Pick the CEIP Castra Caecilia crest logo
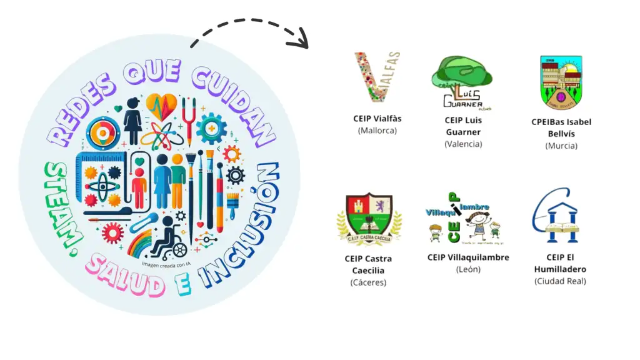(369, 219)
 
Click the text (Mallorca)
(377, 131)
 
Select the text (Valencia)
(463, 144)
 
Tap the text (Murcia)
(561, 146)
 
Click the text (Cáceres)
(369, 282)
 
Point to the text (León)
(468, 269)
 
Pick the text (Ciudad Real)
(560, 281)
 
